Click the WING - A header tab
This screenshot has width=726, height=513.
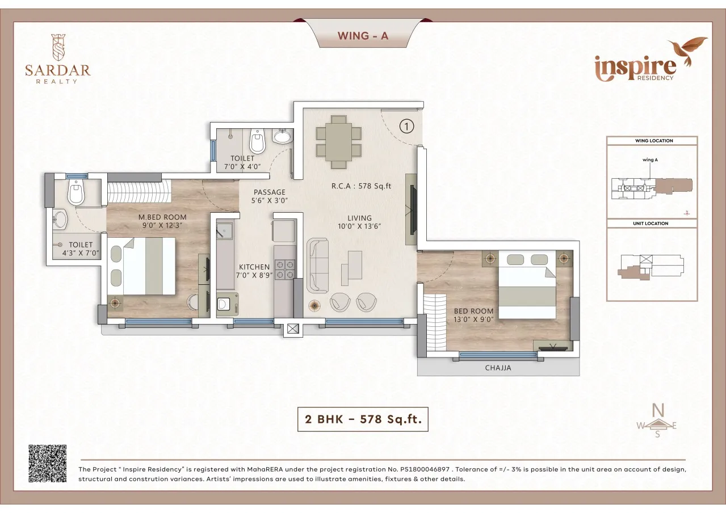(x=363, y=36)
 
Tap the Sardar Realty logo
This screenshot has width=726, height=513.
(x=57, y=59)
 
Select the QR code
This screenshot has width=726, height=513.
(x=48, y=464)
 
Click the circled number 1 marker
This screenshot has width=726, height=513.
(x=406, y=126)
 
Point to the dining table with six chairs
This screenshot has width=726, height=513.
(x=338, y=142)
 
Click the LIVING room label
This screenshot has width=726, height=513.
(x=359, y=218)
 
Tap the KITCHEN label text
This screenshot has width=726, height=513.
(x=254, y=267)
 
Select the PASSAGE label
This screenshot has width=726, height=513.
(x=269, y=192)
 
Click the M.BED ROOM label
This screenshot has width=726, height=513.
(x=162, y=217)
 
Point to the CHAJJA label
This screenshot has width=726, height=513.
(x=498, y=368)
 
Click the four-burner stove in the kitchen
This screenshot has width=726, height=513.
(x=284, y=269)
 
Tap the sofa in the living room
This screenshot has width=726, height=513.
(x=318, y=266)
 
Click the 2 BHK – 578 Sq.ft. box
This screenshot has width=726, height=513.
(x=362, y=419)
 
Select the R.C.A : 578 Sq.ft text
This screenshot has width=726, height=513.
(x=362, y=186)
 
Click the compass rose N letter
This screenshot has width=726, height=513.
(x=657, y=409)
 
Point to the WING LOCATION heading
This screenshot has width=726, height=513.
(x=652, y=141)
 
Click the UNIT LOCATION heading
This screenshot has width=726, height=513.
(x=651, y=224)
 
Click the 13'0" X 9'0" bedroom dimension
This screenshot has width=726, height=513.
(x=473, y=319)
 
